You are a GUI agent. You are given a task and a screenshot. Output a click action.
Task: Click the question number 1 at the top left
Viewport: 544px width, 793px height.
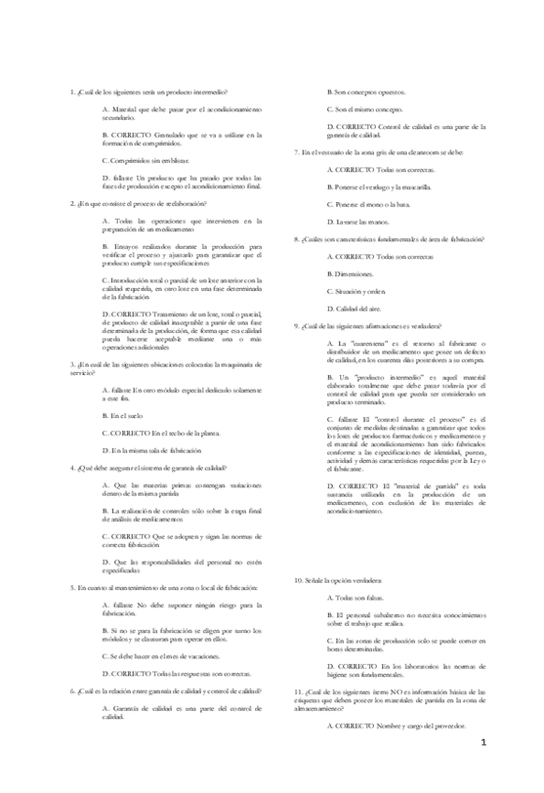tap(73, 92)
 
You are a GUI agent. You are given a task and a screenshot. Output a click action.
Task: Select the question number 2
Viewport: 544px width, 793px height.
tap(73, 202)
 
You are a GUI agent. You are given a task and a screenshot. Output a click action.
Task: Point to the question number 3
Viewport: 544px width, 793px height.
tap(73, 364)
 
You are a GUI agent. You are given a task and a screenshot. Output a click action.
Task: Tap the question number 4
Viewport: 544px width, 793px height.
tap(73, 466)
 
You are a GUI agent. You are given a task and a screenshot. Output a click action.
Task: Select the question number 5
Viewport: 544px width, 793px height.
tap(73, 586)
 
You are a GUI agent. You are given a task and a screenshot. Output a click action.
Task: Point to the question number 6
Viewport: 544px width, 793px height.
tap(73, 690)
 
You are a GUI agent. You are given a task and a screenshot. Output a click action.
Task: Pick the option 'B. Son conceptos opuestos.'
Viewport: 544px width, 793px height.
tap(365, 92)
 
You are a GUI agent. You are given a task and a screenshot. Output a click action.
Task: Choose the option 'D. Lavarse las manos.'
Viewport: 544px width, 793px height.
tap(357, 221)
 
